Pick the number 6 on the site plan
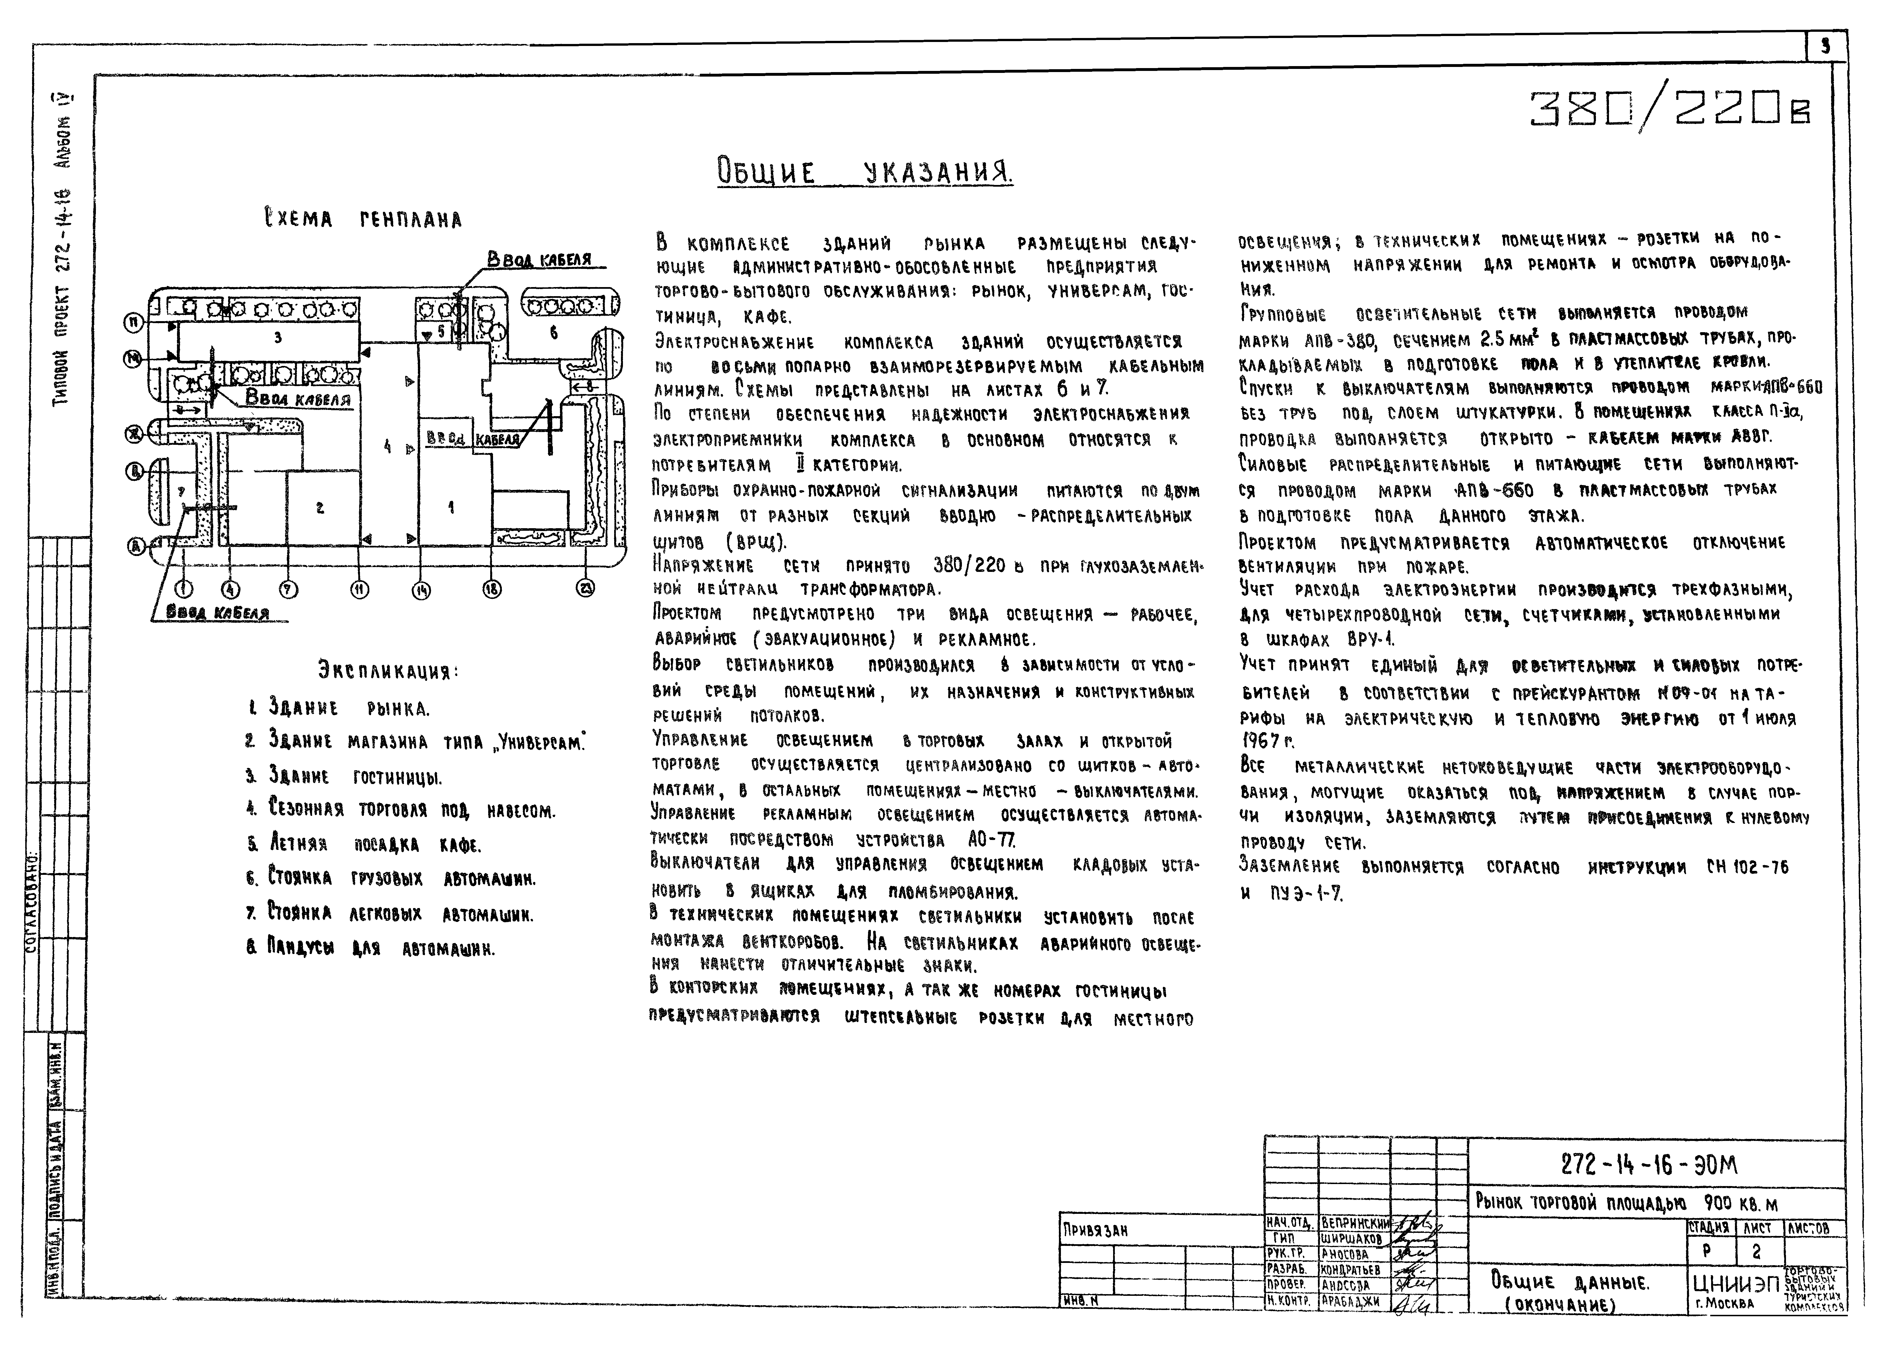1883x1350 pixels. [x=554, y=333]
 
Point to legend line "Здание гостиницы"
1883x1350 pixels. [x=344, y=777]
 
